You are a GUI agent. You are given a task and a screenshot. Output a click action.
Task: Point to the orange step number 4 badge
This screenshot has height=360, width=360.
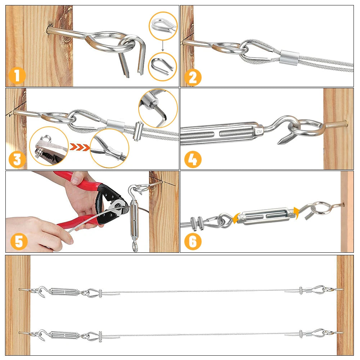click(193, 159)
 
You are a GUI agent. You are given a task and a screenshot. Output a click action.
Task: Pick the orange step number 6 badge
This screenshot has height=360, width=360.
click(193, 242)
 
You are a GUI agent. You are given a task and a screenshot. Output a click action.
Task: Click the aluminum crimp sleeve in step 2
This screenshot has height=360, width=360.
click(289, 57)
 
